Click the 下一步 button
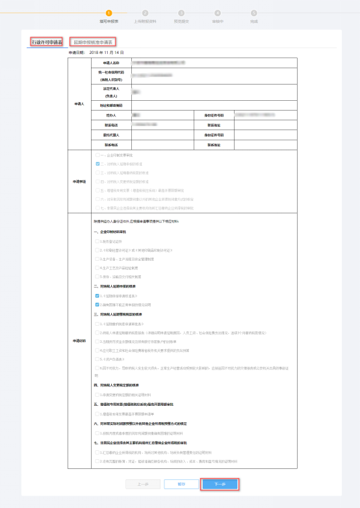pos(220,484)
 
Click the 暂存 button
pos(181,484)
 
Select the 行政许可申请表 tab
pos(47,42)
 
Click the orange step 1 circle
pos(109,12)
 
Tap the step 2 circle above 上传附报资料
pos(144,12)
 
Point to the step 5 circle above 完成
pos(253,12)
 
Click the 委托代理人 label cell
pos(112,135)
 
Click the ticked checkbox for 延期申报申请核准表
pos(97,295)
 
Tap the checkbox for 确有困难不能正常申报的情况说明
pos(97,304)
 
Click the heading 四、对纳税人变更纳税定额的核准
pos(120,385)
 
